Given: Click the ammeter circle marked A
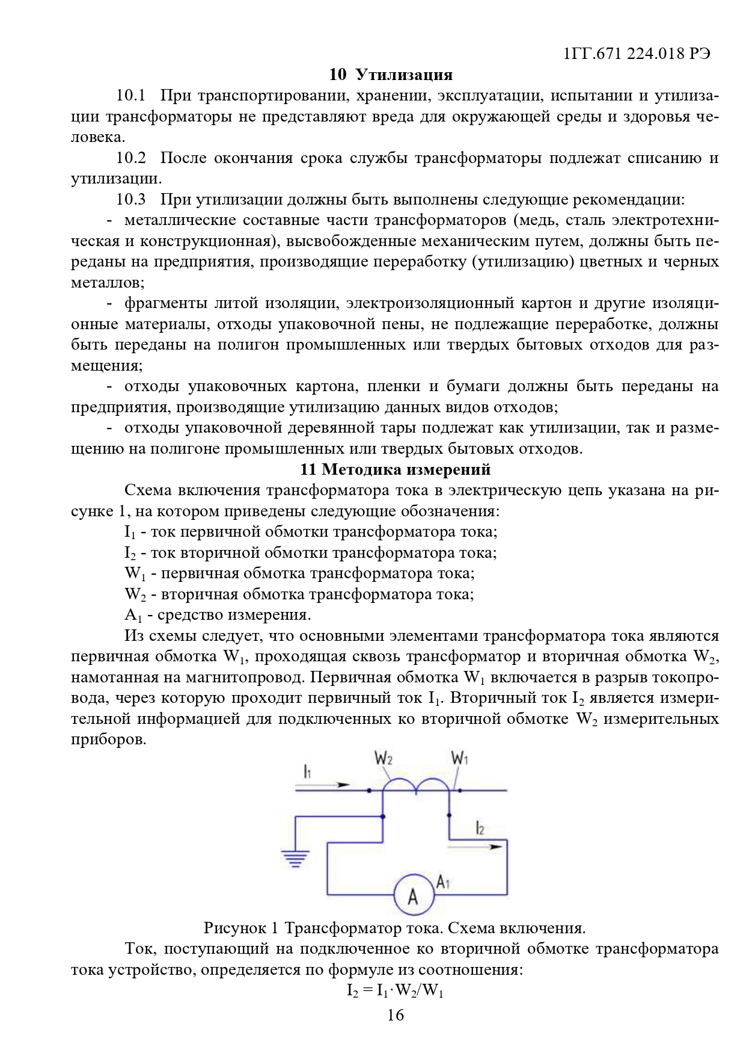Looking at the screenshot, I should click(x=413, y=896).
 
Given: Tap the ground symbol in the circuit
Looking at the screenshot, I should click(x=295, y=858).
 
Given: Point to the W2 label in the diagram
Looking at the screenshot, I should click(x=384, y=759).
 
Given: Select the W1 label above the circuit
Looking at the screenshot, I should click(x=460, y=759).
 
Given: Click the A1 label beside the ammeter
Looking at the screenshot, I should click(x=443, y=882).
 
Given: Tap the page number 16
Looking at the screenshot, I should click(x=395, y=1015).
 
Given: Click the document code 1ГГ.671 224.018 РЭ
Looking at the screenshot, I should click(x=637, y=54).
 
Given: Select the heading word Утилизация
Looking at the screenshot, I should click(x=404, y=75).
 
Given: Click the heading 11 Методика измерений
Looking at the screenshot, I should click(x=395, y=469).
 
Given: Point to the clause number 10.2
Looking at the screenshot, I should click(x=131, y=158).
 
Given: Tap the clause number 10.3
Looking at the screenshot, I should click(x=131, y=200).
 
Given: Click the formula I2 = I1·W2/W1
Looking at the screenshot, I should click(x=395, y=990).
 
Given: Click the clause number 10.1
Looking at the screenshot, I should click(x=131, y=96).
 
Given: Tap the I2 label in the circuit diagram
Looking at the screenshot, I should click(x=480, y=828).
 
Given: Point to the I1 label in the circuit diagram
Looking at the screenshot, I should click(x=307, y=771).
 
